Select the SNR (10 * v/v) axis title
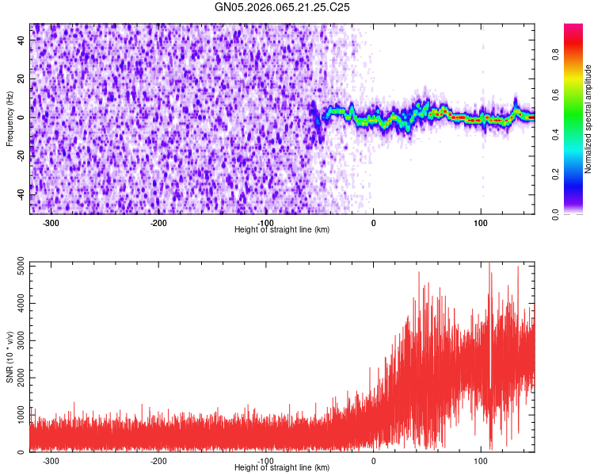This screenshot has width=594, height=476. [x=10, y=356]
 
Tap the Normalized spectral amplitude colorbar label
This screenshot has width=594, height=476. [x=588, y=119]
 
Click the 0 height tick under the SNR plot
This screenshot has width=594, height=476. [x=373, y=460]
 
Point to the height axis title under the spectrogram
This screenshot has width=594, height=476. [x=283, y=229]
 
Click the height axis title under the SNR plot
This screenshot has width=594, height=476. [x=283, y=467]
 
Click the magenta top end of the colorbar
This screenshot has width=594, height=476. [x=573, y=28]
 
